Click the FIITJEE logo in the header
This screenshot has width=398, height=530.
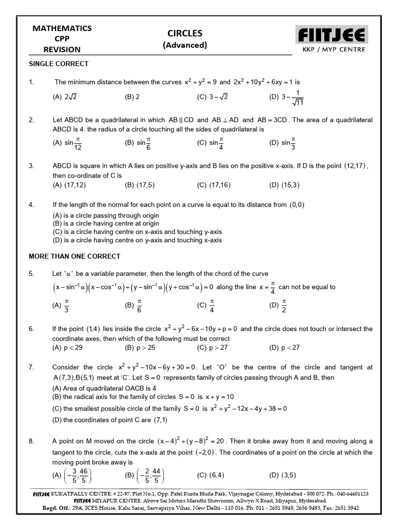pyautogui.click(x=331, y=36)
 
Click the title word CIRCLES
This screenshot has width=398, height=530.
pyautogui.click(x=184, y=33)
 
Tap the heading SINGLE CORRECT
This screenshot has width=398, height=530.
pyautogui.click(x=58, y=64)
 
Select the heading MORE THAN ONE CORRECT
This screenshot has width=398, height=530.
pyautogui.click(x=75, y=256)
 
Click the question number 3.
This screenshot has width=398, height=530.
pyautogui.click(x=31, y=166)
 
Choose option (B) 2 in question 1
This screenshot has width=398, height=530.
pyautogui.click(x=132, y=96)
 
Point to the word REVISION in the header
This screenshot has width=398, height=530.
pyautogui.click(x=62, y=50)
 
